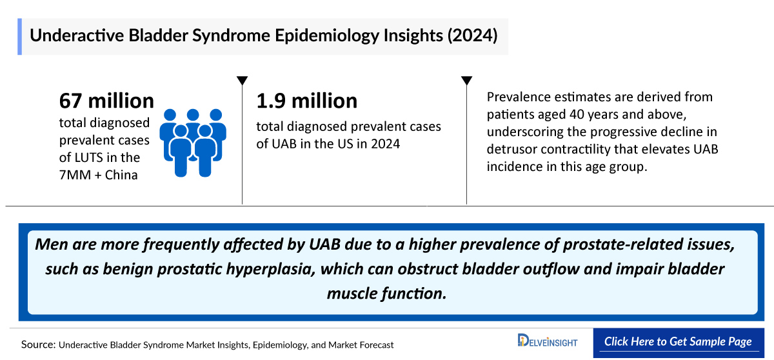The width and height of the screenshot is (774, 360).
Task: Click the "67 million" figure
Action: pyautogui.click(x=106, y=101)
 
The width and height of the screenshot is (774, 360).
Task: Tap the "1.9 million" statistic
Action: pyautogui.click(x=306, y=101)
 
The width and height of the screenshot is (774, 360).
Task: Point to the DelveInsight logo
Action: pyautogui.click(x=548, y=341)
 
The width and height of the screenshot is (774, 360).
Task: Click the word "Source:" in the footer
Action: pyautogui.click(x=38, y=345)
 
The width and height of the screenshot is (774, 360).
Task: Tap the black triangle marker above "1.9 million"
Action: pyautogui.click(x=242, y=81)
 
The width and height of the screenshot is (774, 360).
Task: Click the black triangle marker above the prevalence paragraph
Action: pyautogui.click(x=466, y=81)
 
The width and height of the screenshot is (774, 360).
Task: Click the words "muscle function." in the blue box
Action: pyautogui.click(x=386, y=293)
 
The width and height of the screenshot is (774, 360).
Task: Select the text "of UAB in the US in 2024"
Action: pyautogui.click(x=328, y=143)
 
